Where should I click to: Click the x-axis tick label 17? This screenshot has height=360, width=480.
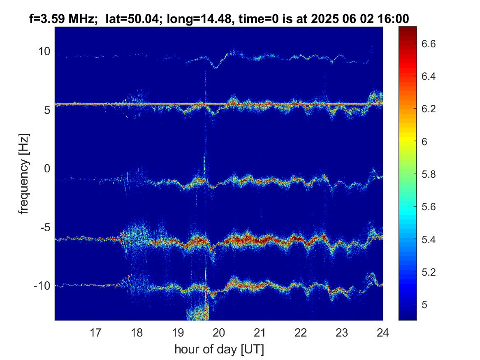[x=95, y=332]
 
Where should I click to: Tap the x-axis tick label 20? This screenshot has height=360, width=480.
[x=219, y=332]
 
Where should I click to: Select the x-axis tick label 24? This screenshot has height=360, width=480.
[x=383, y=332]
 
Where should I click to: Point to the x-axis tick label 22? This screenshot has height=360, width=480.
[x=301, y=332]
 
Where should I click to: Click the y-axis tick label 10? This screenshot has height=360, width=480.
[x=44, y=51]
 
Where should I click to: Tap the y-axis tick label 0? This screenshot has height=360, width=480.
[x=47, y=168]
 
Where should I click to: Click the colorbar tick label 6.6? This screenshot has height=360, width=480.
[x=428, y=44]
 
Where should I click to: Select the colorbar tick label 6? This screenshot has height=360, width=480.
[x=424, y=142]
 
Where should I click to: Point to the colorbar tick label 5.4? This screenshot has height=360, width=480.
[x=428, y=239]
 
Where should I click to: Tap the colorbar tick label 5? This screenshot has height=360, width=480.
[x=424, y=304]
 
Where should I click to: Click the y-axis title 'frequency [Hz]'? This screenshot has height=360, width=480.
[x=23, y=174]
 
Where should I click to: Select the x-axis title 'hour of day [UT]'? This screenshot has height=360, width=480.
[x=219, y=349]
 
